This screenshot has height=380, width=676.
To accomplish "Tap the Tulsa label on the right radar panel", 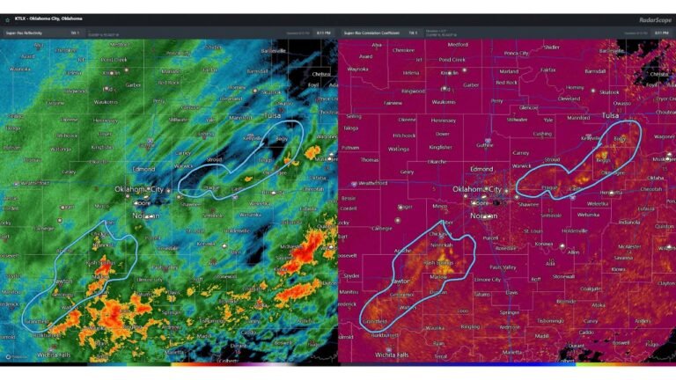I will (x=610, y=115).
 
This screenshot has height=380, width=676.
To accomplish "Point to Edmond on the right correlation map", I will (x=481, y=168).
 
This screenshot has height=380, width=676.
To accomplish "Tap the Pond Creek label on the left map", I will (x=114, y=60).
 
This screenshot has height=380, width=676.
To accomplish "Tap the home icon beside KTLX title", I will (x=8, y=18).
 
